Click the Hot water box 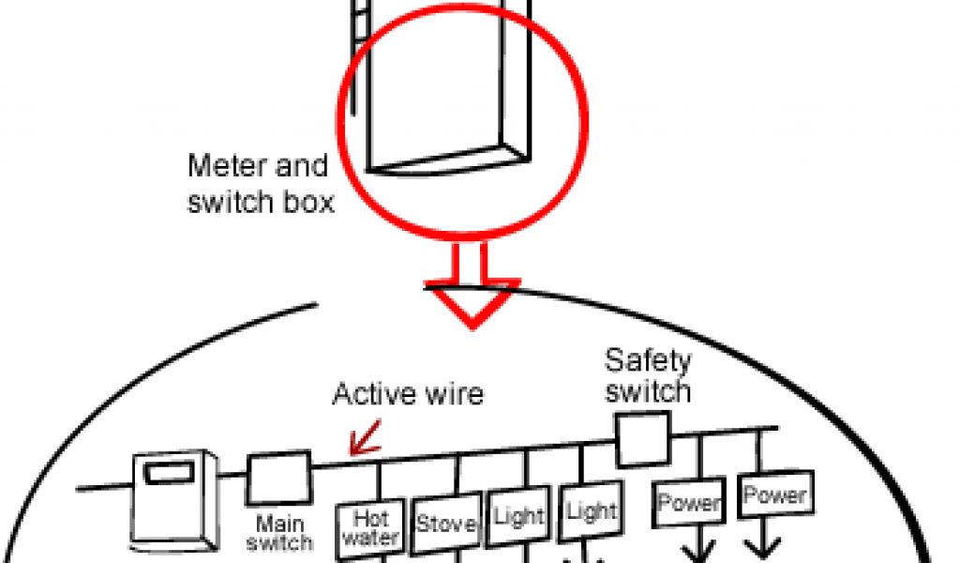point(371,528)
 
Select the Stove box point(446,523)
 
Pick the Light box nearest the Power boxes point(592,512)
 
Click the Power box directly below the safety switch point(690,503)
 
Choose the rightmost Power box point(774,495)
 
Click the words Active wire point(408,393)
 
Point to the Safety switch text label point(648,374)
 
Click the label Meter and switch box point(260,184)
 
